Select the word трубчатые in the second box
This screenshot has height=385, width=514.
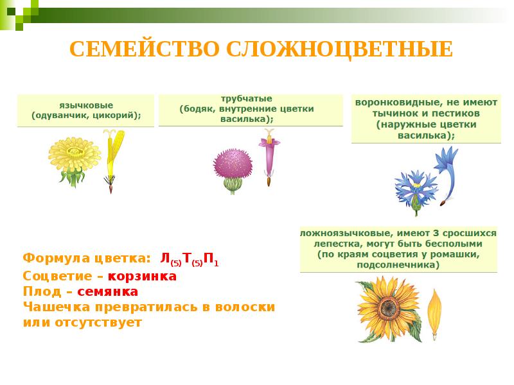247,98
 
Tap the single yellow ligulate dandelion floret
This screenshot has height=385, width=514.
114,157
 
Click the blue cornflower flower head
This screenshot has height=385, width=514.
414,188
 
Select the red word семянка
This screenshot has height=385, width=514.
107,292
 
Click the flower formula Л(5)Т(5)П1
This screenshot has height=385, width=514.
190,260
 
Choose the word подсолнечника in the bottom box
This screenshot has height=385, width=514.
399,264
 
